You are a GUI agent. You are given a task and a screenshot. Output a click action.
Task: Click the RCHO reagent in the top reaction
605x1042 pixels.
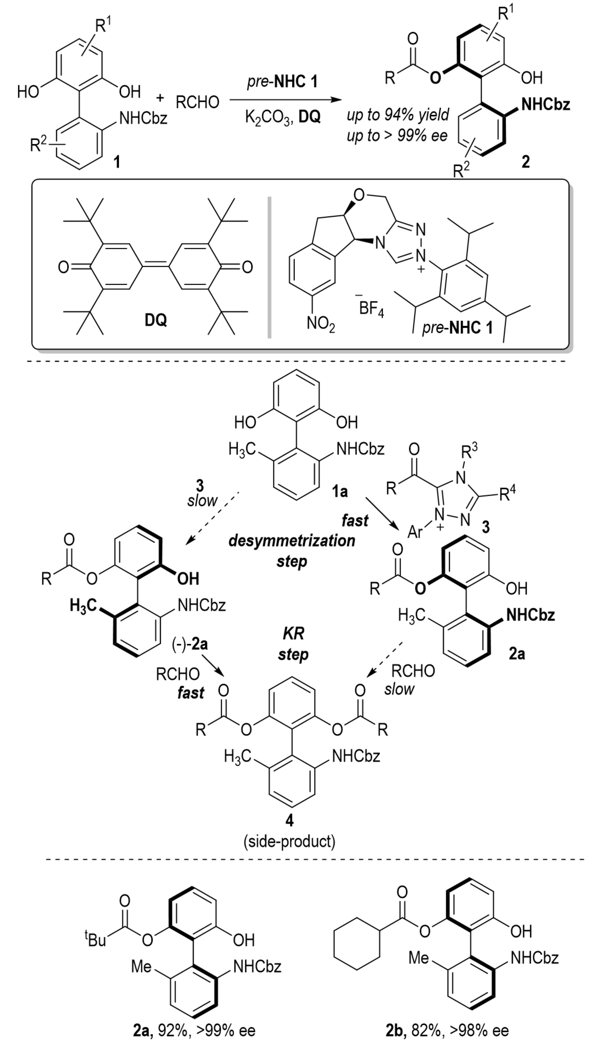197,102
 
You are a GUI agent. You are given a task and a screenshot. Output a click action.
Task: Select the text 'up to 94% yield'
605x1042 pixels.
397,115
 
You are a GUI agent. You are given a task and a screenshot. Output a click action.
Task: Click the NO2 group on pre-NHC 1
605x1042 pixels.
321,323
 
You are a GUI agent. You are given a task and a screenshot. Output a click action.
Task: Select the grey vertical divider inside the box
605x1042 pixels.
270,268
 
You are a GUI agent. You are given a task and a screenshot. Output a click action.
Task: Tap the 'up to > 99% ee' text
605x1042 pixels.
397,135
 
